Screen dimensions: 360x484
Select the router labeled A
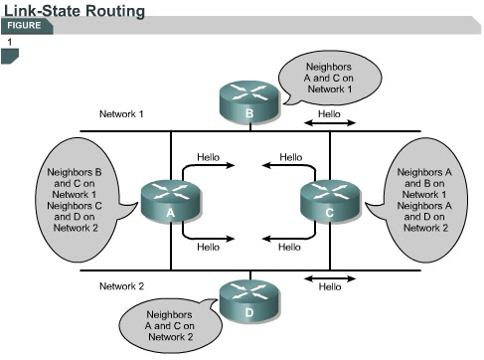(x=170, y=200)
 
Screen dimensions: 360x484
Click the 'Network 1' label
(x=121, y=114)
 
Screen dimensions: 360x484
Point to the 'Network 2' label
(x=122, y=286)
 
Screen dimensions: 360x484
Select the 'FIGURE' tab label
(x=26, y=26)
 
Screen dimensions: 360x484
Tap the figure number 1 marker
(x=10, y=44)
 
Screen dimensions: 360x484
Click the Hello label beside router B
(x=329, y=114)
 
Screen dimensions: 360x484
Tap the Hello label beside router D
(x=329, y=287)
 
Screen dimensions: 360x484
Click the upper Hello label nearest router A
(x=209, y=157)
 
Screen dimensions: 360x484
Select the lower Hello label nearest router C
(x=289, y=246)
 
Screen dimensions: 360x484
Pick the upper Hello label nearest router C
(x=290, y=157)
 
